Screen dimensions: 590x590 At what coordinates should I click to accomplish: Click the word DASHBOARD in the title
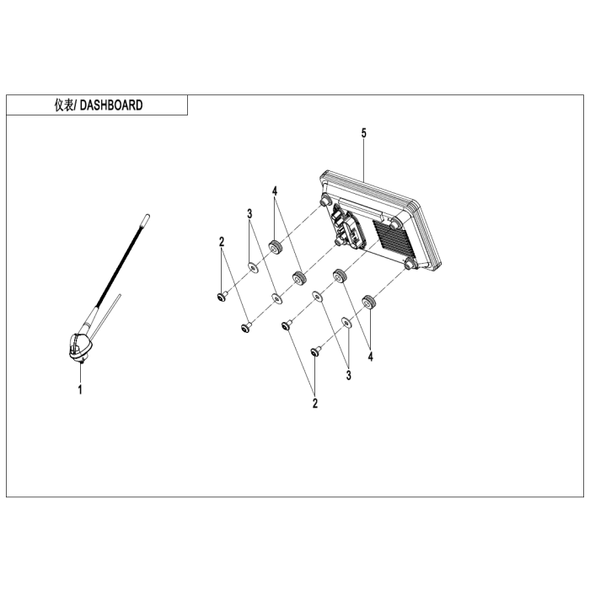111,105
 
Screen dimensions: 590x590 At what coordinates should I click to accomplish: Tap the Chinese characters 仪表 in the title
64,105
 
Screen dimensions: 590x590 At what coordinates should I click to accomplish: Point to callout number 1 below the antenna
80,389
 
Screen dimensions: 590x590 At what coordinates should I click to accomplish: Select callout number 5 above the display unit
363,133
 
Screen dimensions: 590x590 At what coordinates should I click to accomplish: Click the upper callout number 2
222,242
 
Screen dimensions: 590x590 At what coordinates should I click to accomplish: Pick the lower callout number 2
315,404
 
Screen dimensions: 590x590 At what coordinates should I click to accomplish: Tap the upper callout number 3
249,214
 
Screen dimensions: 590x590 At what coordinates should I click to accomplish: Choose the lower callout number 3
349,375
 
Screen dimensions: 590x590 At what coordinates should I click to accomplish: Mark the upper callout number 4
275,191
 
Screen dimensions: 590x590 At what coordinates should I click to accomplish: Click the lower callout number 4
371,357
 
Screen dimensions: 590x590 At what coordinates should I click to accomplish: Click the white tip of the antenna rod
145,220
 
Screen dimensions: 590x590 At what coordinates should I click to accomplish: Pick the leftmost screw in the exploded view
222,296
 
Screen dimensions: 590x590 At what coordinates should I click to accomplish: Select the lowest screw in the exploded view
316,351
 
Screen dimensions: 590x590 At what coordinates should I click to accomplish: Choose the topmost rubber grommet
276,248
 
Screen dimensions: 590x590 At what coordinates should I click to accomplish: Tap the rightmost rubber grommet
369,302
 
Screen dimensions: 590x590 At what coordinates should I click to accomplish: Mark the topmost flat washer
253,267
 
